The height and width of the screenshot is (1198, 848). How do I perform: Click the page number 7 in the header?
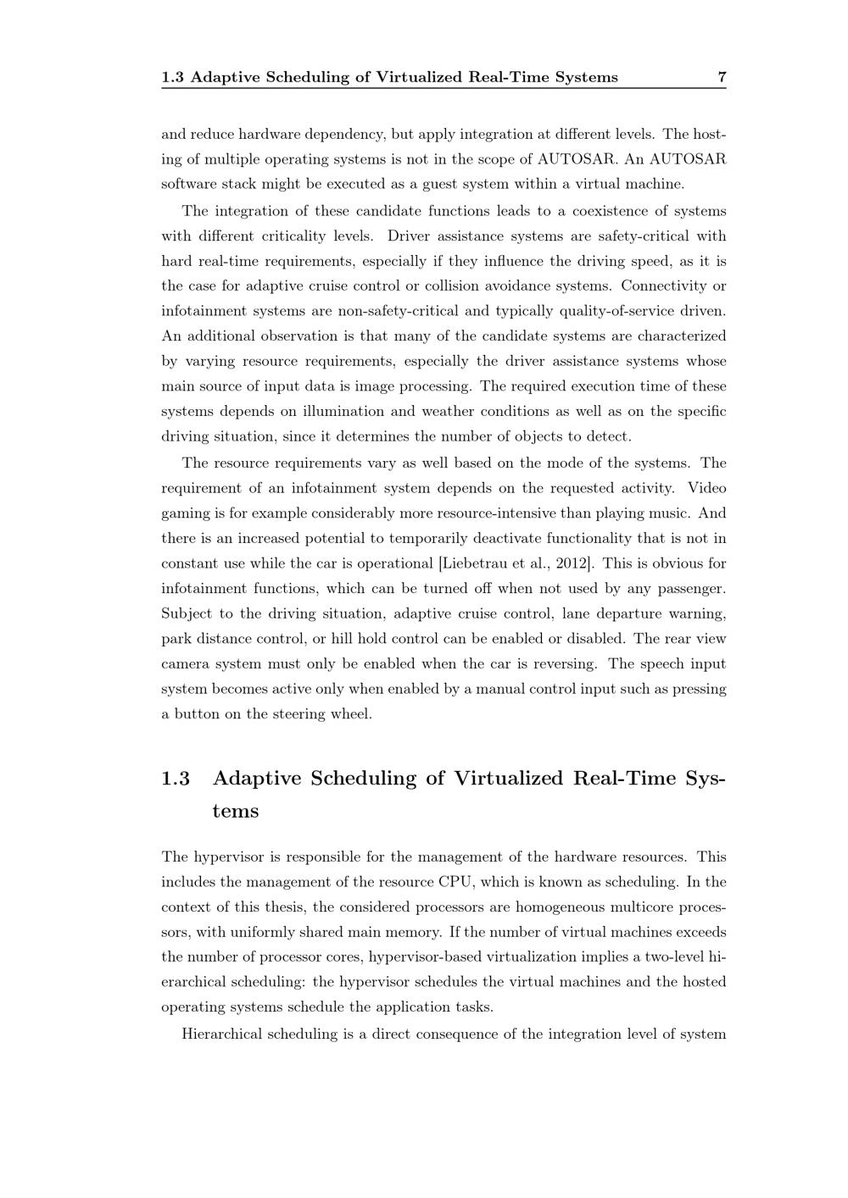(x=722, y=77)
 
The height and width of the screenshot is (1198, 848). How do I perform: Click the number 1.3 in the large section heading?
(x=176, y=778)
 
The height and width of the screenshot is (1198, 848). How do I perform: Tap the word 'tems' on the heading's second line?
(x=236, y=811)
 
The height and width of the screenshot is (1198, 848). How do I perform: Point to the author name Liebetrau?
(x=473, y=563)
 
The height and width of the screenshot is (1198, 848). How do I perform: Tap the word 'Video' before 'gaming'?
(x=707, y=488)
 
